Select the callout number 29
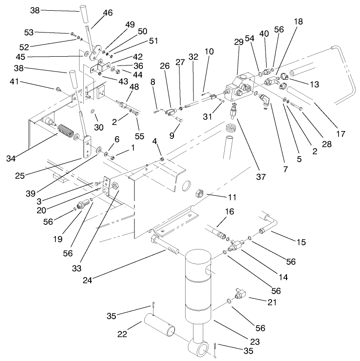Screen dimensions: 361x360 point(239,42)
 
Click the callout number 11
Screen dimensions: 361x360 point(232,197)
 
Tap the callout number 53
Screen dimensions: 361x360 point(29,32)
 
